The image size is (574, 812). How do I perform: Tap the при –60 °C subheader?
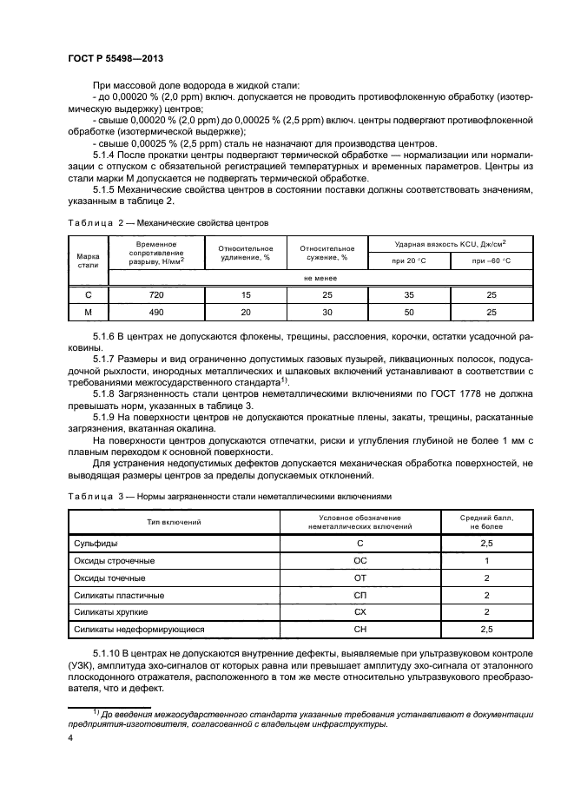tap(492, 261)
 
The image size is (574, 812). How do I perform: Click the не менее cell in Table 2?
tap(320, 278)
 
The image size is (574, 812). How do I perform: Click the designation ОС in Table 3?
tap(360, 560)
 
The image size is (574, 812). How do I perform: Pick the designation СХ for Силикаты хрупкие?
tap(360, 611)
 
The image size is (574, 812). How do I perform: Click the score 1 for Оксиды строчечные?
tap(487, 560)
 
